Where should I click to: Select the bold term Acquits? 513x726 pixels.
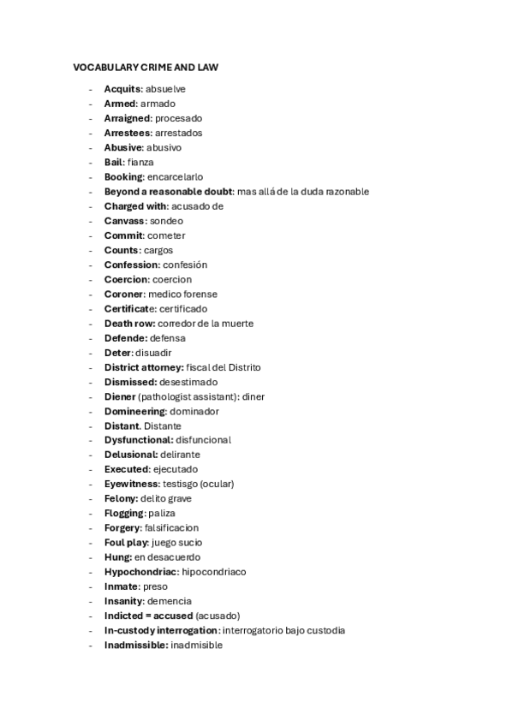click(x=122, y=89)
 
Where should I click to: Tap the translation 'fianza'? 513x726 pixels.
click(x=140, y=162)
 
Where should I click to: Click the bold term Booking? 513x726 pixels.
click(x=124, y=176)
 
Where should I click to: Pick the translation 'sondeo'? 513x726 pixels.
click(x=166, y=221)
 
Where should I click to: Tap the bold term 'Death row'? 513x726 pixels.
click(x=129, y=324)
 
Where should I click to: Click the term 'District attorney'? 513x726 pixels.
click(x=143, y=367)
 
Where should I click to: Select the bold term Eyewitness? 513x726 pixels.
click(x=131, y=484)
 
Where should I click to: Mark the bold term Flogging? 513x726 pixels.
click(x=124, y=513)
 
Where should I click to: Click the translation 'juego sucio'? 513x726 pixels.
click(x=177, y=542)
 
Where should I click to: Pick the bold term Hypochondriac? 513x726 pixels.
click(x=141, y=571)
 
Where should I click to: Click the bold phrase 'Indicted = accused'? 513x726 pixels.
click(x=148, y=616)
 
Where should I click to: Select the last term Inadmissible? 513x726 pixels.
click(x=136, y=645)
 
